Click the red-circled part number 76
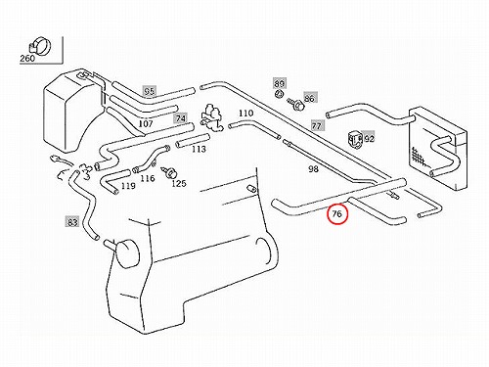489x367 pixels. click(336, 214)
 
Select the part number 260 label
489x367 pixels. click(27, 59)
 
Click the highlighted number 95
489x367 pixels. click(150, 91)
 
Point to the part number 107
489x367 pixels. click(146, 124)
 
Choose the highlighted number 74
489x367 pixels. click(181, 118)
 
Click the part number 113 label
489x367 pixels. click(199, 149)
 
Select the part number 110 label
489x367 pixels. click(245, 114)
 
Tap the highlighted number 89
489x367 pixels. click(280, 83)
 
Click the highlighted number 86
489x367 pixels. click(310, 98)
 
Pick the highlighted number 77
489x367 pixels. click(316, 125)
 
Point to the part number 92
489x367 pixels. click(370, 139)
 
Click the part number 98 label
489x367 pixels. click(313, 169)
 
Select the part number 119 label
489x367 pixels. click(128, 186)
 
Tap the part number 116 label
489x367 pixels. click(148, 178)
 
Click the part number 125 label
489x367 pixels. click(179, 184)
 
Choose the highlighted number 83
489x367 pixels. click(72, 222)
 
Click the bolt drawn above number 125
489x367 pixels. click(168, 172)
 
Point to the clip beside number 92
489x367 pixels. click(355, 139)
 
